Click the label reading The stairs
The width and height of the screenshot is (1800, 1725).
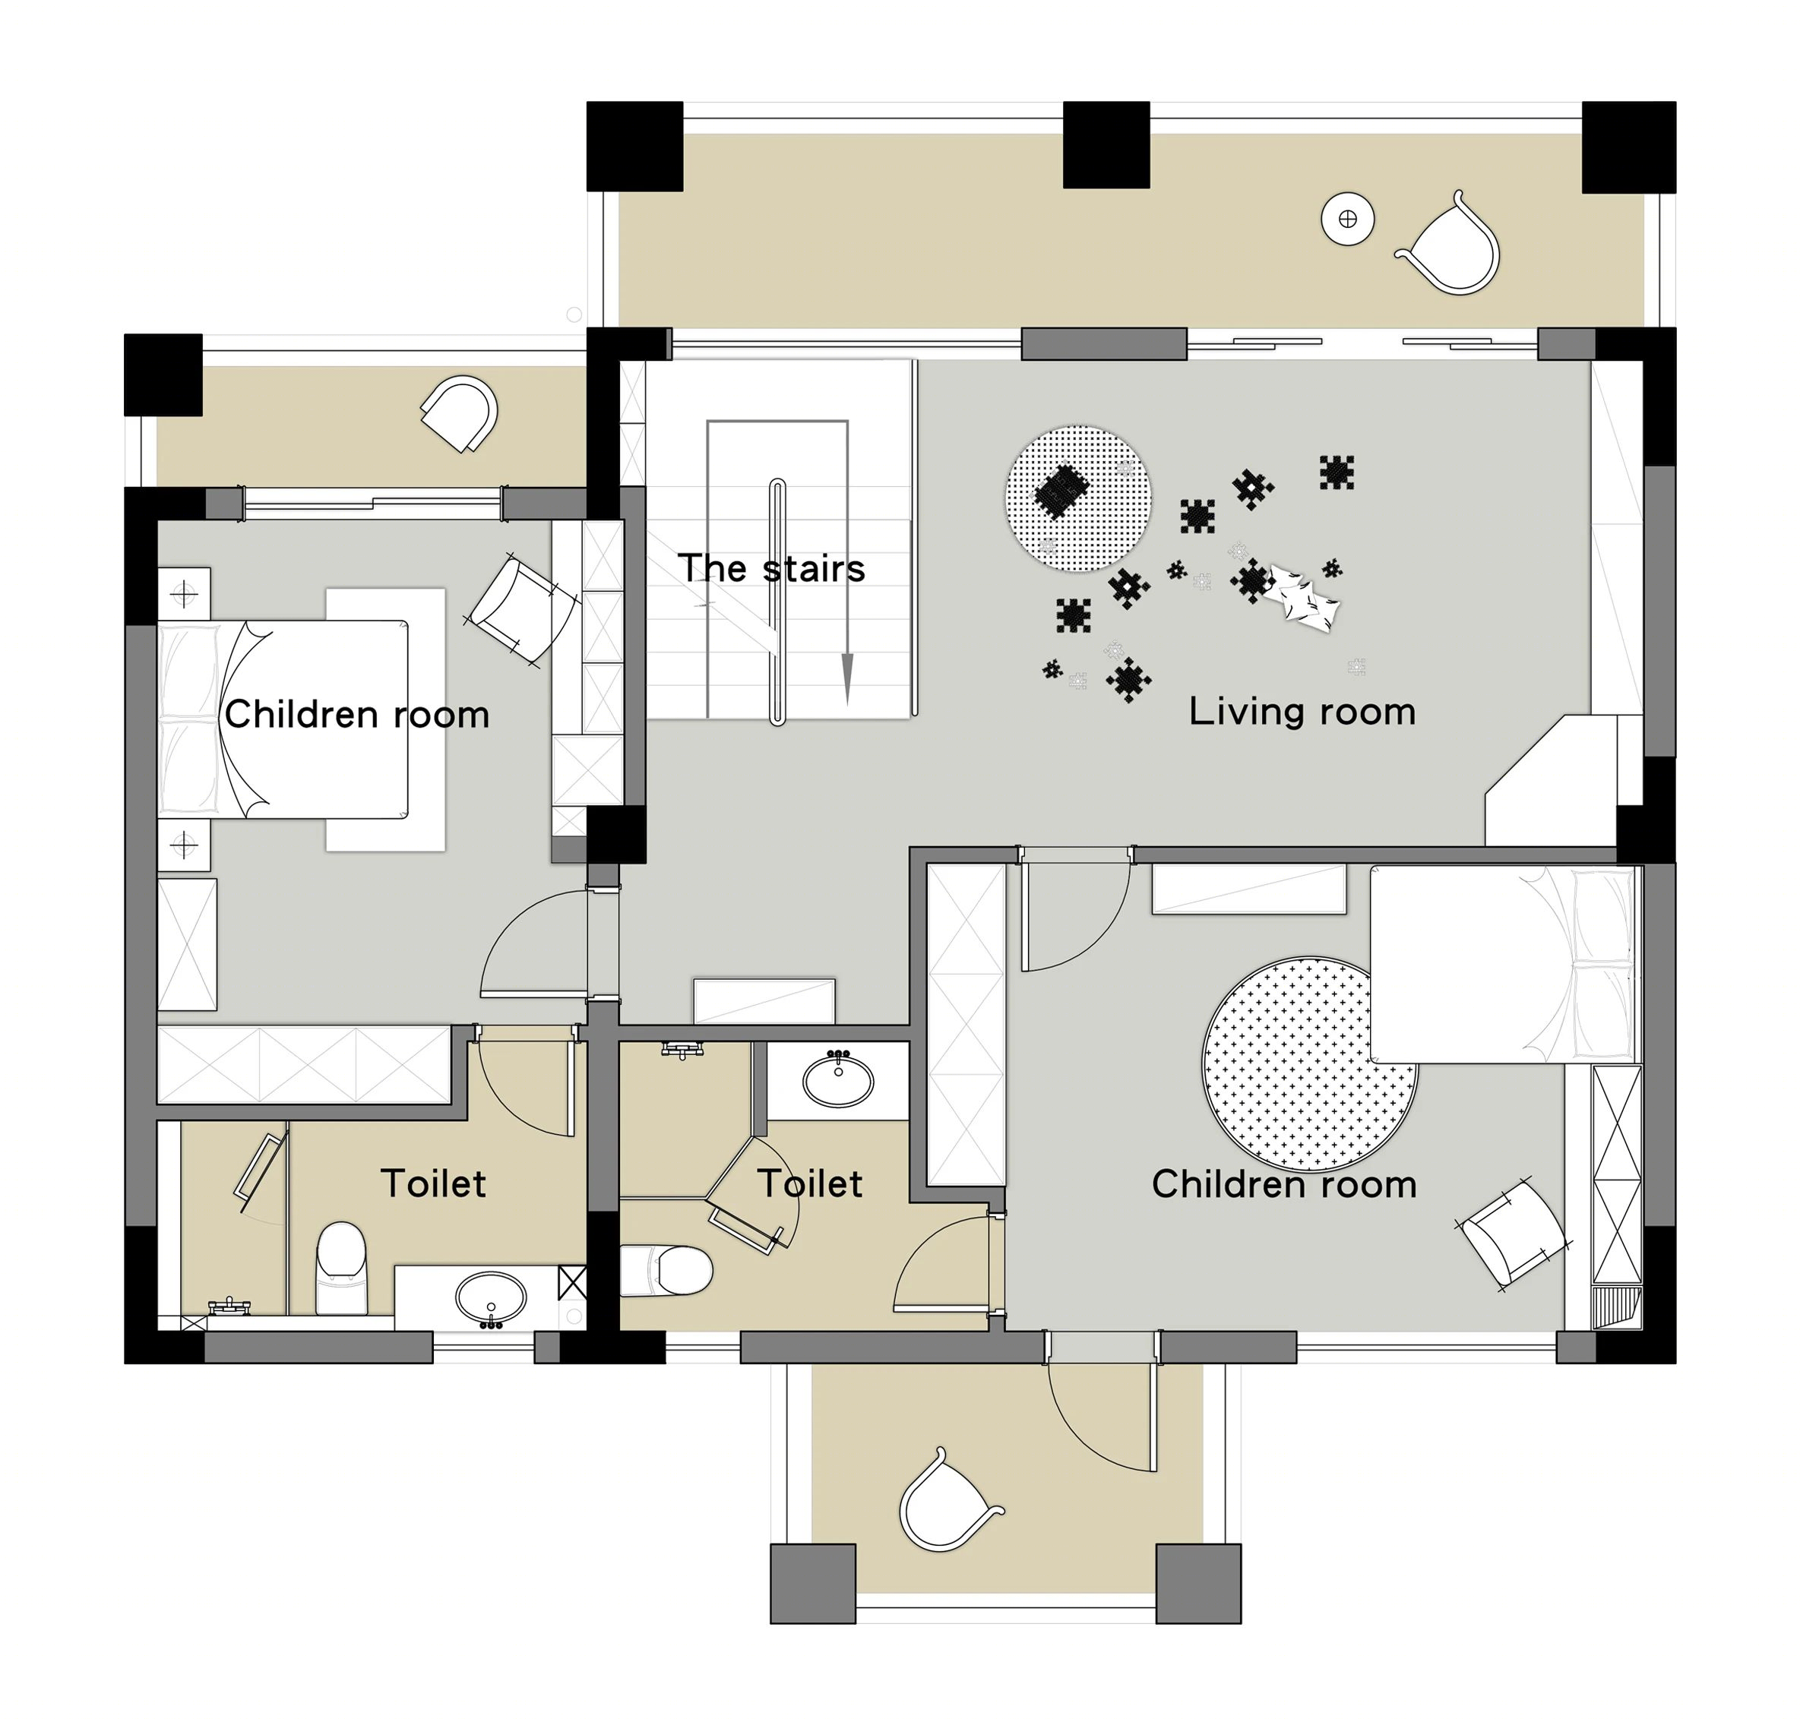(x=771, y=569)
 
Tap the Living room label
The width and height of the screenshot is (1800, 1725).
(x=1302, y=712)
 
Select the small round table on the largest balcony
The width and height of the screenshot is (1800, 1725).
(x=1347, y=219)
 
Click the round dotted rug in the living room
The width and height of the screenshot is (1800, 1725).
(x=1078, y=498)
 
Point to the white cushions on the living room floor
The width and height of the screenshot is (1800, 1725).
(x=1304, y=597)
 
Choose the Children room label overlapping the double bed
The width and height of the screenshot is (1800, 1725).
(x=356, y=714)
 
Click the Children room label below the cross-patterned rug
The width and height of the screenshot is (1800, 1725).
(x=1284, y=1184)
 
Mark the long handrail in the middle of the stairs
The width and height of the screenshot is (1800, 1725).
(x=777, y=602)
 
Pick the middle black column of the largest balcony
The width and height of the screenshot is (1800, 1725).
(x=1106, y=145)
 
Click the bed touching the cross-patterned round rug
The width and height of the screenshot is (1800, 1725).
(x=1504, y=964)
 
